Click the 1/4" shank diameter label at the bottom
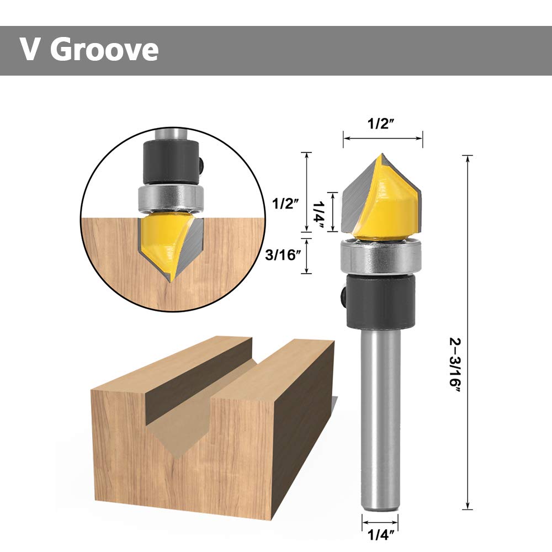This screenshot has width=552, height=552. (381, 534)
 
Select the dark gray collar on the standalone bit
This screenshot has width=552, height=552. (381, 301)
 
